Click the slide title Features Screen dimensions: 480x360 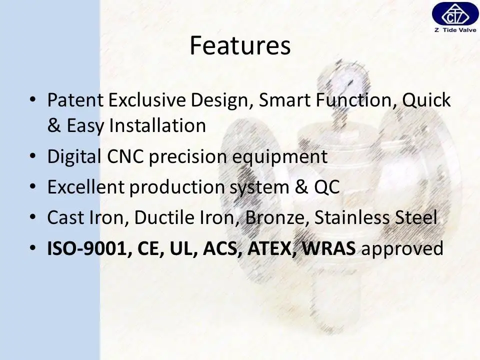pyautogui.click(x=240, y=45)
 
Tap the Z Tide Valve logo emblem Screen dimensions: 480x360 pyautogui.click(x=455, y=14)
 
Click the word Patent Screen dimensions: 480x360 pyautogui.click(x=75, y=100)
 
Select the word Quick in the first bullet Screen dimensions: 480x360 pyautogui.click(x=426, y=100)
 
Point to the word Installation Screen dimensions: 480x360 pyautogui.click(x=157, y=125)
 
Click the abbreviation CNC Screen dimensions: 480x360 pyautogui.click(x=125, y=156)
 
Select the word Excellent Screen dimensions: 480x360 pyautogui.click(x=85, y=186)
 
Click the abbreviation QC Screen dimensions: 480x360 pyautogui.click(x=327, y=187)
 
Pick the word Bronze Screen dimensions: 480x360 pyautogui.click(x=274, y=217)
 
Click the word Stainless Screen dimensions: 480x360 pyautogui.click(x=351, y=217)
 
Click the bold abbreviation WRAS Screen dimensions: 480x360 pyautogui.click(x=329, y=248)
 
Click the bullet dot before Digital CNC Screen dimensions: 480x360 pyautogui.click(x=33, y=156)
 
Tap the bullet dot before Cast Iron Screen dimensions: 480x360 pyautogui.click(x=33, y=217)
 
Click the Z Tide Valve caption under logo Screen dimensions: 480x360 pyautogui.click(x=455, y=29)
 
